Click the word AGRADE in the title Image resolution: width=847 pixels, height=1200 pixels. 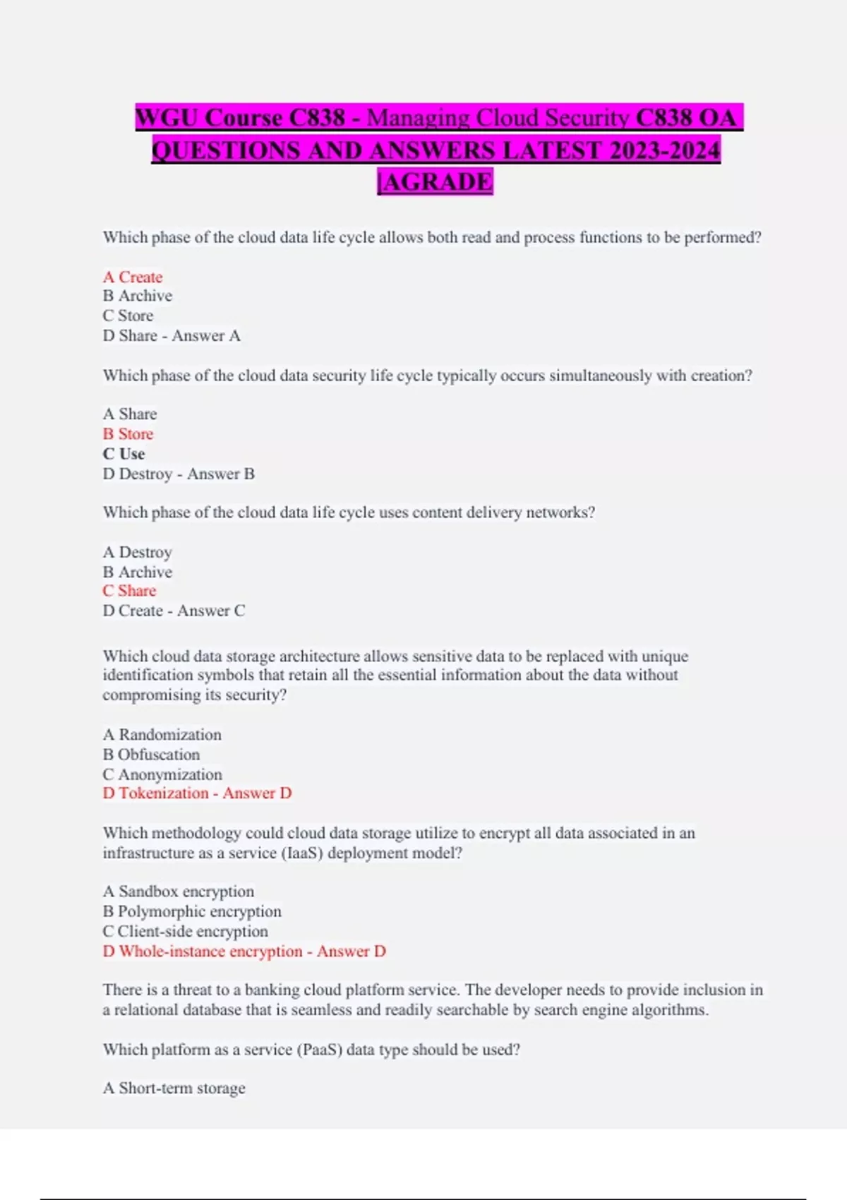(438, 181)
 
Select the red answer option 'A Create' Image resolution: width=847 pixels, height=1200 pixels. (133, 277)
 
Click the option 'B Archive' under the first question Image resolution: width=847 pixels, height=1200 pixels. (138, 296)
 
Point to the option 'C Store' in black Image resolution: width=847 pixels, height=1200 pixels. (128, 316)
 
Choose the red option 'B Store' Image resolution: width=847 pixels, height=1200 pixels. (128, 433)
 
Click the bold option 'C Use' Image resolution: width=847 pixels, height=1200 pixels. (124, 454)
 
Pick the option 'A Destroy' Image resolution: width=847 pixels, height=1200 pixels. (138, 552)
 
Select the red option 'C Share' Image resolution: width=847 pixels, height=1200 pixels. (129, 591)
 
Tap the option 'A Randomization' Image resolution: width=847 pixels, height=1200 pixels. (162, 735)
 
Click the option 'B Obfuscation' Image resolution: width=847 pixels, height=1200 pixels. (151, 755)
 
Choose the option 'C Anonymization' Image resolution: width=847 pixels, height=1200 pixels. (162, 774)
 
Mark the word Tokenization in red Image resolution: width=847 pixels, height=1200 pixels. (164, 793)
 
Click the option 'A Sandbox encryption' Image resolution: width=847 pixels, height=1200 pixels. (179, 892)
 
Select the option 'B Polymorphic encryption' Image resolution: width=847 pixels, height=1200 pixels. (192, 911)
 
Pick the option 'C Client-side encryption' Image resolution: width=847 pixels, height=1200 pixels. (186, 931)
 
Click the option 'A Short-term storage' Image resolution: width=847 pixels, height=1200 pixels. (174, 1088)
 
